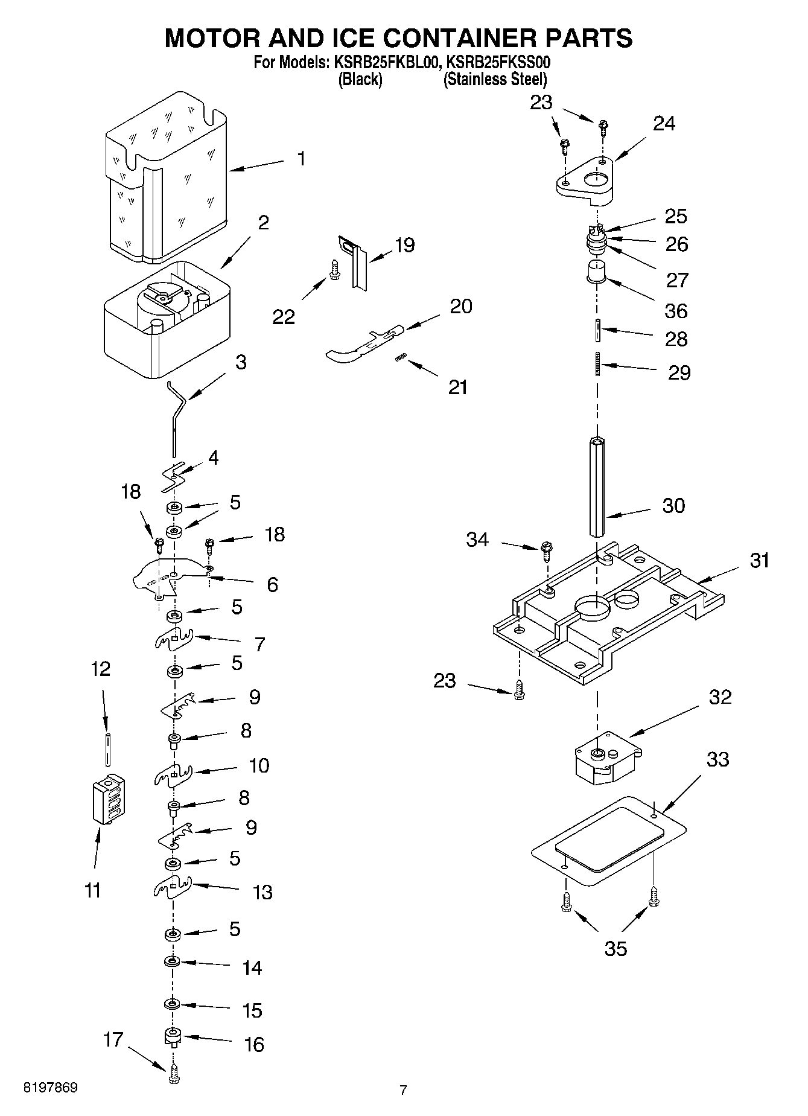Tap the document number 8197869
click(50, 1088)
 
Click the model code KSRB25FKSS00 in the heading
click(498, 62)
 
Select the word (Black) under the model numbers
click(360, 79)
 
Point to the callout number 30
click(673, 505)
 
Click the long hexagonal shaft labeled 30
click(596, 486)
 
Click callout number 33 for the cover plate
click(717, 759)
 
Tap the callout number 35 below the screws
click(616, 948)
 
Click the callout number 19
click(404, 245)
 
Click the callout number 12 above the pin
click(101, 669)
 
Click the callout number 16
click(254, 1044)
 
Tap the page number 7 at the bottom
click(403, 1090)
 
